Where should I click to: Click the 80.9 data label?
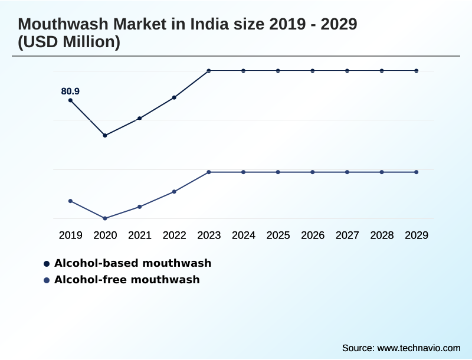coord(70,91)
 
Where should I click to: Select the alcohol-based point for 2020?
coord(105,136)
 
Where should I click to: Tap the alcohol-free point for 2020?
coord(105,218)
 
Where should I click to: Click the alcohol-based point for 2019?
coord(71,100)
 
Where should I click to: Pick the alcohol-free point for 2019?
coord(71,201)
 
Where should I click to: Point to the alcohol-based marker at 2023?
coord(209,71)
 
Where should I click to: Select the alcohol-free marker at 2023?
coord(209,172)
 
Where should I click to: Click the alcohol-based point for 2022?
coord(174,97)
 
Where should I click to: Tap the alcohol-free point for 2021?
coord(140,207)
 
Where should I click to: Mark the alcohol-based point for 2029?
coord(417,71)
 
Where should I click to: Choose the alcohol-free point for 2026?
coord(313,172)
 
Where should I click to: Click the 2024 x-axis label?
coord(244,235)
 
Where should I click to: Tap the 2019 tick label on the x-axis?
coord(71,235)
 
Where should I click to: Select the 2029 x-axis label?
coord(417,235)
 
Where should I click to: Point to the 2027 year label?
coord(348,235)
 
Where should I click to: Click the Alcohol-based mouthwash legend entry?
coord(132,263)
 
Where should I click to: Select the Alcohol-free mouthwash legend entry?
coord(126,280)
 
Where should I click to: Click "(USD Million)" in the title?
coord(70,42)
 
